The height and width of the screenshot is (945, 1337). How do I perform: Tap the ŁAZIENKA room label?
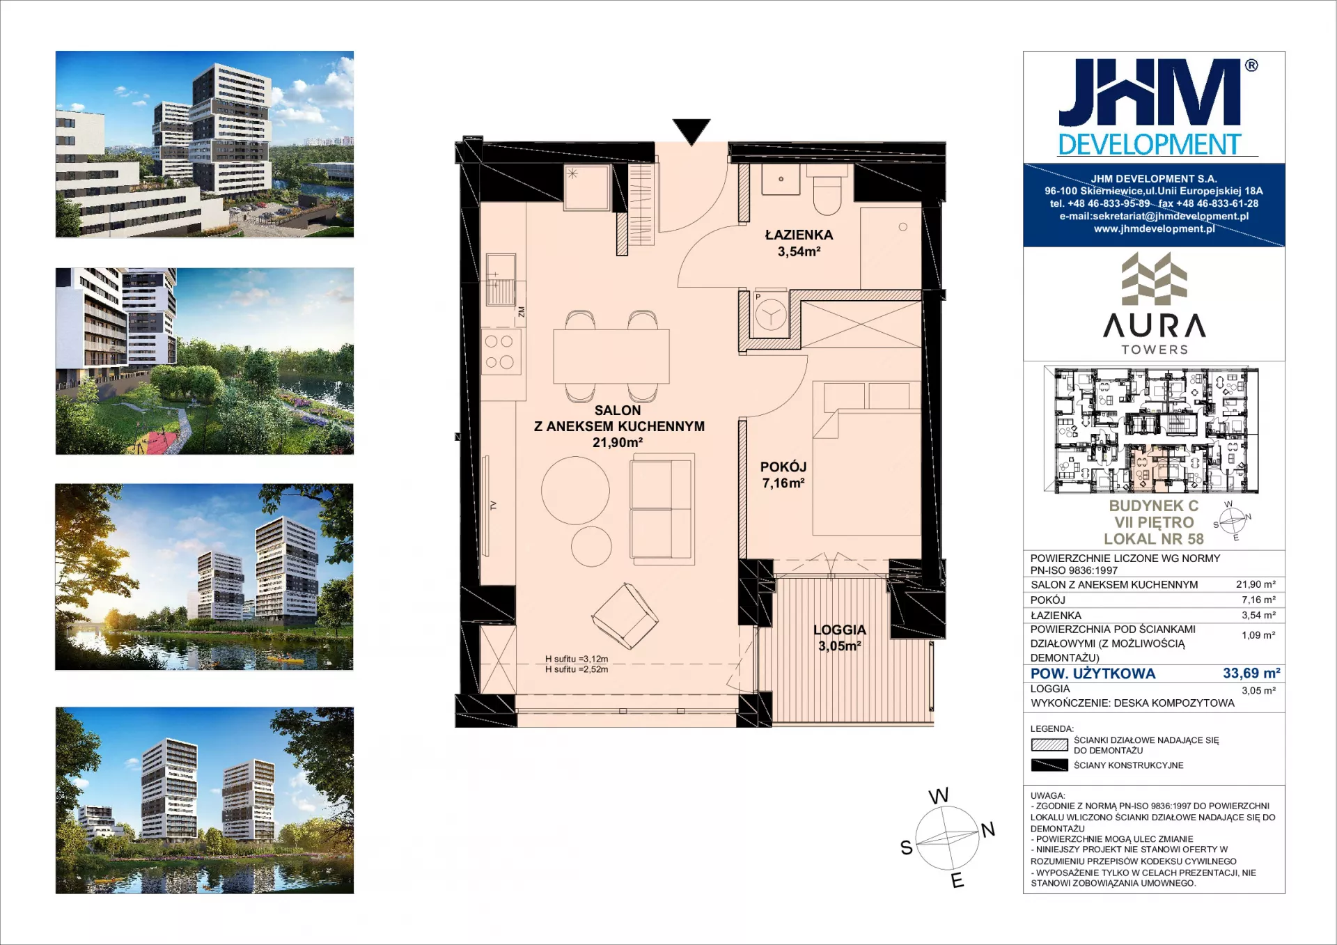[799, 235]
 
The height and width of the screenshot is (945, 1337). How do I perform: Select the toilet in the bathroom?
[827, 195]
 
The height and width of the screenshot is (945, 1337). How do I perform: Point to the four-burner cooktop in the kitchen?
[500, 352]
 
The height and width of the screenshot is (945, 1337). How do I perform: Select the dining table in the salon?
[611, 357]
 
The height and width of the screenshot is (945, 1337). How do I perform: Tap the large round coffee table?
[575, 490]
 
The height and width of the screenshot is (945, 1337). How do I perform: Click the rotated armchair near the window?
[625, 616]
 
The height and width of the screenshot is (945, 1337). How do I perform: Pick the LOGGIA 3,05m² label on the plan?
[840, 638]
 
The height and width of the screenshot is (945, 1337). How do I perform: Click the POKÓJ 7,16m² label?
[783, 475]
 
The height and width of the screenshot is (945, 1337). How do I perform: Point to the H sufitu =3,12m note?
[577, 659]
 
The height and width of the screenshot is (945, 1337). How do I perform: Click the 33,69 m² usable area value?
[1251, 673]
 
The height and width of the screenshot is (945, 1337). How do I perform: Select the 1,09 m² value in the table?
[1258, 635]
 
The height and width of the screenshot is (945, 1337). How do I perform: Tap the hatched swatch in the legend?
[1049, 744]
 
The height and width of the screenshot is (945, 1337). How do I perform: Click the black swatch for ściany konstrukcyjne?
[1049, 765]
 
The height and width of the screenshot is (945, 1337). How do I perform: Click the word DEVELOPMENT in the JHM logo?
[1150, 145]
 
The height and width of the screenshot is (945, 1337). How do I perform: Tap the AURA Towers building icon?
[1154, 279]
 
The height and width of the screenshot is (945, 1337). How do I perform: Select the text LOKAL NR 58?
[1154, 539]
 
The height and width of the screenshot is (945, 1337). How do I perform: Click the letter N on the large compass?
[988, 829]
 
